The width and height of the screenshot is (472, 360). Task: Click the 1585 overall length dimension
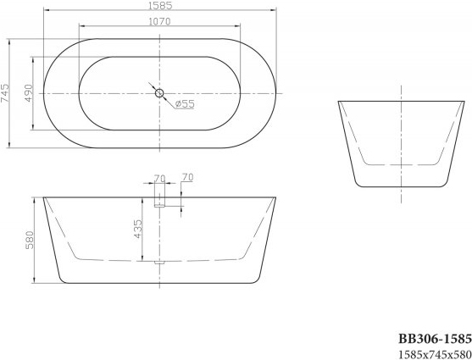click(x=160, y=7)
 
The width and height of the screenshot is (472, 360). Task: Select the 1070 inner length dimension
click(x=160, y=22)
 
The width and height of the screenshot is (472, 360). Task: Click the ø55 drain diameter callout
click(x=186, y=104)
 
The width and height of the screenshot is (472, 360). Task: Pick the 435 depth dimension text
click(x=137, y=228)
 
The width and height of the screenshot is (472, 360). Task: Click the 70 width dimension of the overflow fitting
click(x=159, y=178)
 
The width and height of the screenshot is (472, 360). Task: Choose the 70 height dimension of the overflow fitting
click(x=188, y=178)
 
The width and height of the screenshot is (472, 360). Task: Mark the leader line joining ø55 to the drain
click(x=169, y=100)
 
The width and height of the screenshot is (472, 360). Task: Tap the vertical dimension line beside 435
click(x=144, y=229)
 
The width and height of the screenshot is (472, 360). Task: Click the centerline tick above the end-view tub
click(x=400, y=91)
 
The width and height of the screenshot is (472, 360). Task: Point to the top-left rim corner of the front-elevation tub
click(x=43, y=200)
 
